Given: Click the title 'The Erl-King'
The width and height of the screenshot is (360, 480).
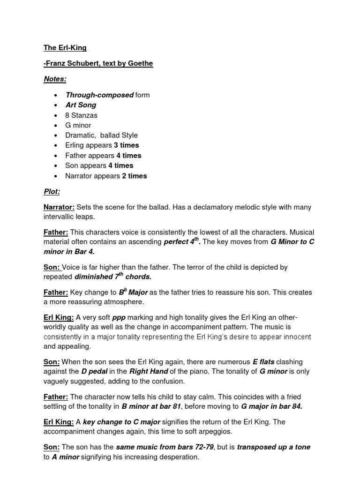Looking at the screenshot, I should [x=65, y=48].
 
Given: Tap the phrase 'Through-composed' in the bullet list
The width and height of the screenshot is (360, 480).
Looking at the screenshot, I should [x=99, y=95].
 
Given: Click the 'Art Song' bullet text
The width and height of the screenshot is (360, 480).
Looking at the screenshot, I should [x=81, y=105].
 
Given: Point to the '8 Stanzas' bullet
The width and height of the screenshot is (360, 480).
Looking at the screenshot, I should [x=82, y=115].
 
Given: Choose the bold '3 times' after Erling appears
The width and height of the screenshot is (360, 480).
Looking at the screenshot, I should [x=126, y=145].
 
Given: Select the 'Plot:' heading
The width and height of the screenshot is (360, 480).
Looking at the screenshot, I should [x=52, y=192].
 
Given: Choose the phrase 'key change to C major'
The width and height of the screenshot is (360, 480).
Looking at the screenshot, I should [x=122, y=422].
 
